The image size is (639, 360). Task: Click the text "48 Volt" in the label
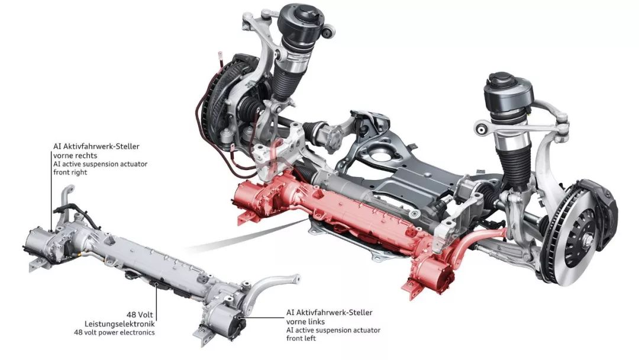pyautogui.click(x=140, y=315)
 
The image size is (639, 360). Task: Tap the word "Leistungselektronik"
pyautogui.click(x=120, y=324)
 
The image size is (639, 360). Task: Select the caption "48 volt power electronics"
pyautogui.click(x=114, y=332)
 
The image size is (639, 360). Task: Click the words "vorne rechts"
pyautogui.click(x=75, y=155)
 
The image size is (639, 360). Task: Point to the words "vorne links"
pyautogui.click(x=306, y=322)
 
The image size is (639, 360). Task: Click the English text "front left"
pyautogui.click(x=301, y=338)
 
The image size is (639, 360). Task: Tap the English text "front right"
pyautogui.click(x=70, y=172)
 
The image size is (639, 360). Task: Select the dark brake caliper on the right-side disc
pyautogui.click(x=603, y=212)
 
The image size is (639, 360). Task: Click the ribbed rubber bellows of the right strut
pyautogui.click(x=514, y=165)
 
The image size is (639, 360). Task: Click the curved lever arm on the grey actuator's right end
pyautogui.click(x=274, y=285)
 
